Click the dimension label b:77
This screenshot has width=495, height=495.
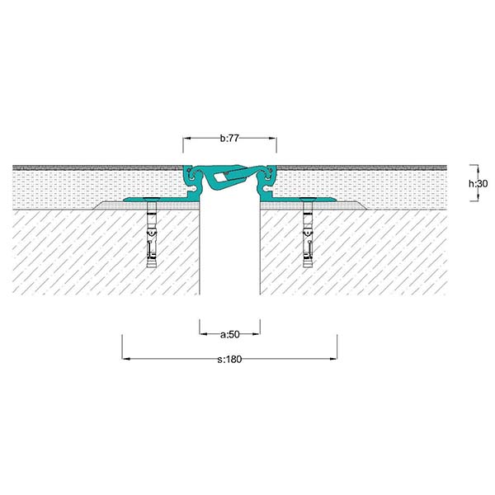(x=229, y=139)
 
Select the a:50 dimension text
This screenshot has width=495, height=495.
(x=230, y=334)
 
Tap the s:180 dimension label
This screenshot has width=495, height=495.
(x=229, y=359)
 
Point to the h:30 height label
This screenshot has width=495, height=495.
(x=478, y=183)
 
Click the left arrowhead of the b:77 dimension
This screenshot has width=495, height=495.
(x=187, y=139)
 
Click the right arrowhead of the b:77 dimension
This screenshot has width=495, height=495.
(x=272, y=139)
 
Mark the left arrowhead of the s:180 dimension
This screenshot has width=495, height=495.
(x=126, y=359)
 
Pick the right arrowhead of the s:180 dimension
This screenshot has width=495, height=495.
(x=333, y=359)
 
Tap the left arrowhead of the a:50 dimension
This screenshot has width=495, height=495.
(x=204, y=333)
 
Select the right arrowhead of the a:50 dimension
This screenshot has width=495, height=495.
(x=256, y=333)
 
